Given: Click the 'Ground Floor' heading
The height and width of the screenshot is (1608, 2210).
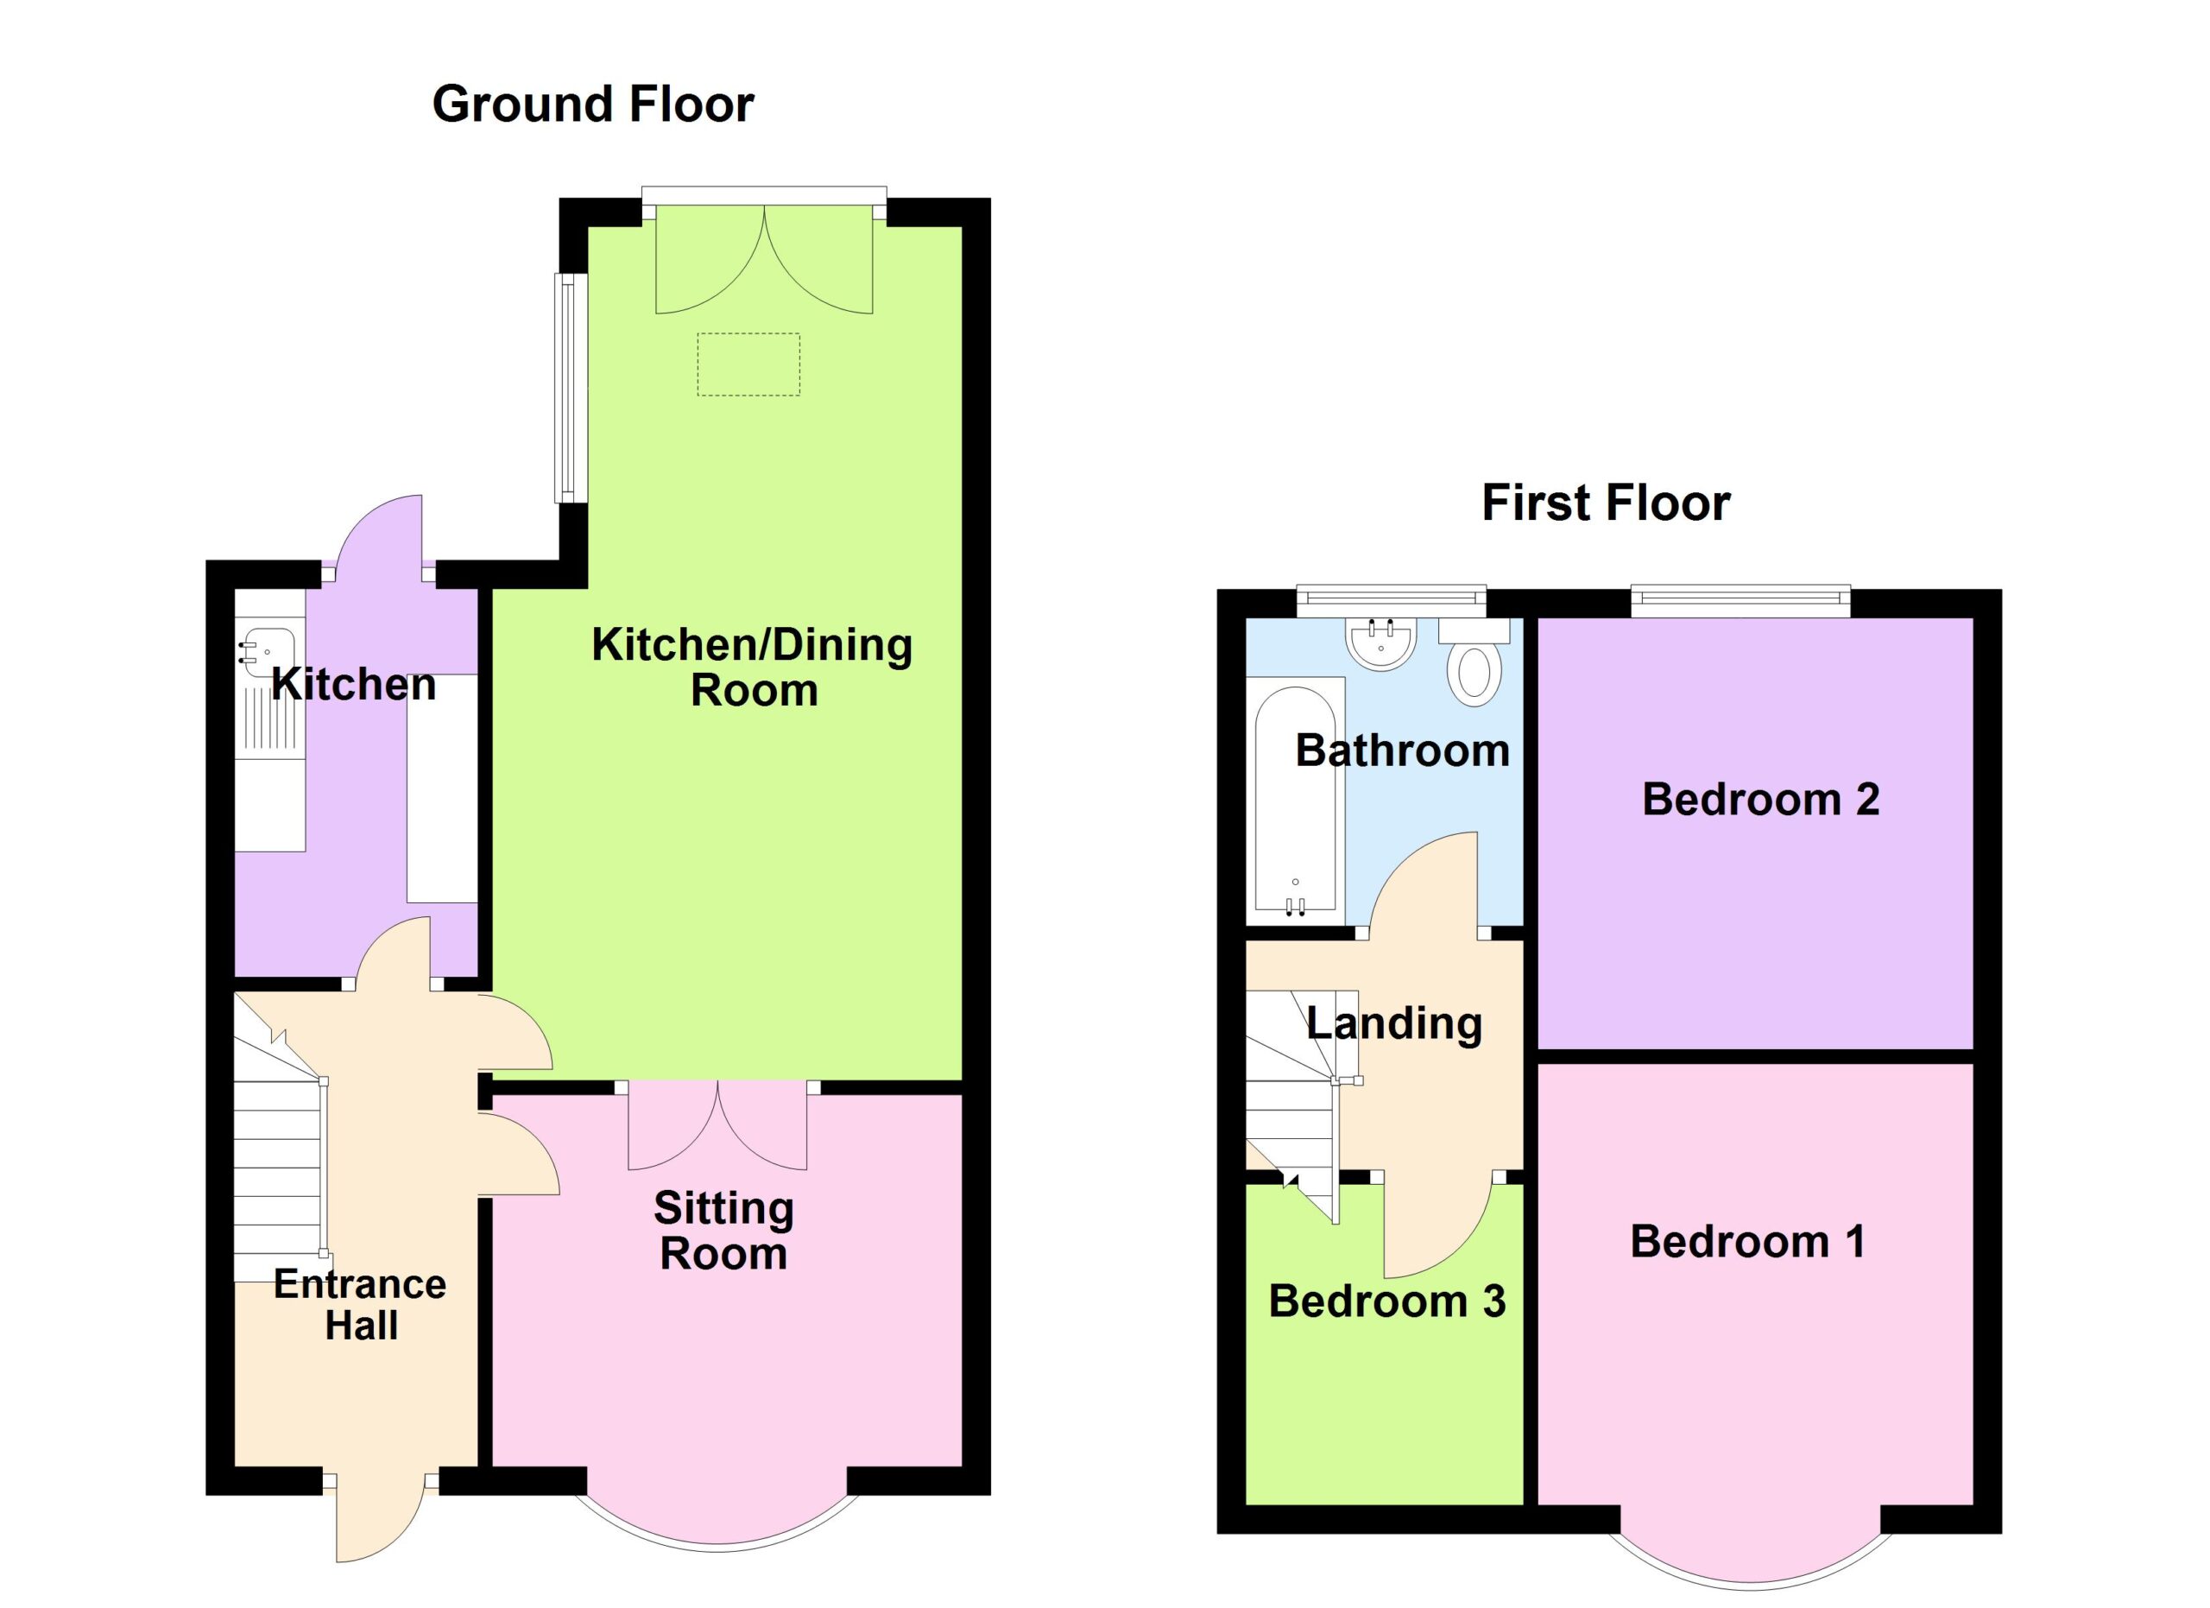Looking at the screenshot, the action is point(592,104).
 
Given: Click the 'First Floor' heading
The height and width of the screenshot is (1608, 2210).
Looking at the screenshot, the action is point(1606,503).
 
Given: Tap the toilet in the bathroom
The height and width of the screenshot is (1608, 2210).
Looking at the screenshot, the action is point(1474,662).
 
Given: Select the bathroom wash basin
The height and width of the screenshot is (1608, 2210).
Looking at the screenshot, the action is point(1380,644).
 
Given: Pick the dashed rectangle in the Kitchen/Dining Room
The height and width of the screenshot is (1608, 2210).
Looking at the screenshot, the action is point(748,364).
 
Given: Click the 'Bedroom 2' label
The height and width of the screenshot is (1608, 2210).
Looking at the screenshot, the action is point(1760,800).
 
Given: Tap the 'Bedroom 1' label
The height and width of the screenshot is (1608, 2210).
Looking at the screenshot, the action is point(1747,1243).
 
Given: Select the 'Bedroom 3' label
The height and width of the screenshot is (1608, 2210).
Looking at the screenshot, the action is point(1386,1302).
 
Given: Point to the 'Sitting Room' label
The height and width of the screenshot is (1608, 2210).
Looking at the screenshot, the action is point(723,1231).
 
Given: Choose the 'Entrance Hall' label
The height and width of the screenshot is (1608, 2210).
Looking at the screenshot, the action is point(360,1305).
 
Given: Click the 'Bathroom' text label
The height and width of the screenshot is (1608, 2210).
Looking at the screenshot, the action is point(1402,751).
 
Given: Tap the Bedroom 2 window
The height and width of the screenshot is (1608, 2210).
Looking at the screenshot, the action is point(1740,600).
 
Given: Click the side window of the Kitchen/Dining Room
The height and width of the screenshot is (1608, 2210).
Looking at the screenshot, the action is point(570,388).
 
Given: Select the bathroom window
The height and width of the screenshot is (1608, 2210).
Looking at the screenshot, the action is point(1391,600).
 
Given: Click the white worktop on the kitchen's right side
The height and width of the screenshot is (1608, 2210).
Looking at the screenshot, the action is point(442,788).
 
